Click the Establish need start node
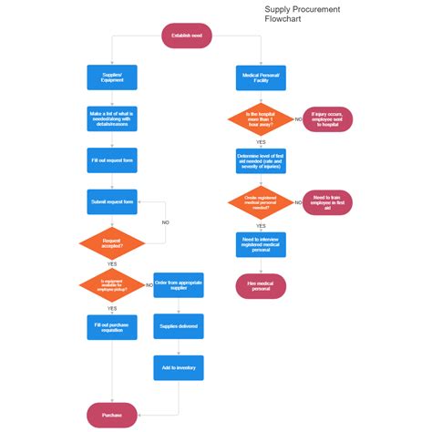187,36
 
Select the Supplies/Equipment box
112,77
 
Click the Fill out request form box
112,160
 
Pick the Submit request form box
112,201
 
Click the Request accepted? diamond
112,243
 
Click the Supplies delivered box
178,325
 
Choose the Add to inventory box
178,367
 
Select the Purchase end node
112,415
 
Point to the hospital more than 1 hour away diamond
261,118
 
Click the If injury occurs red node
326,118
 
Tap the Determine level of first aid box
261,161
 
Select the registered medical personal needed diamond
261,201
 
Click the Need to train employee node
326,201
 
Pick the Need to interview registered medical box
261,243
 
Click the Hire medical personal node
261,285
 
